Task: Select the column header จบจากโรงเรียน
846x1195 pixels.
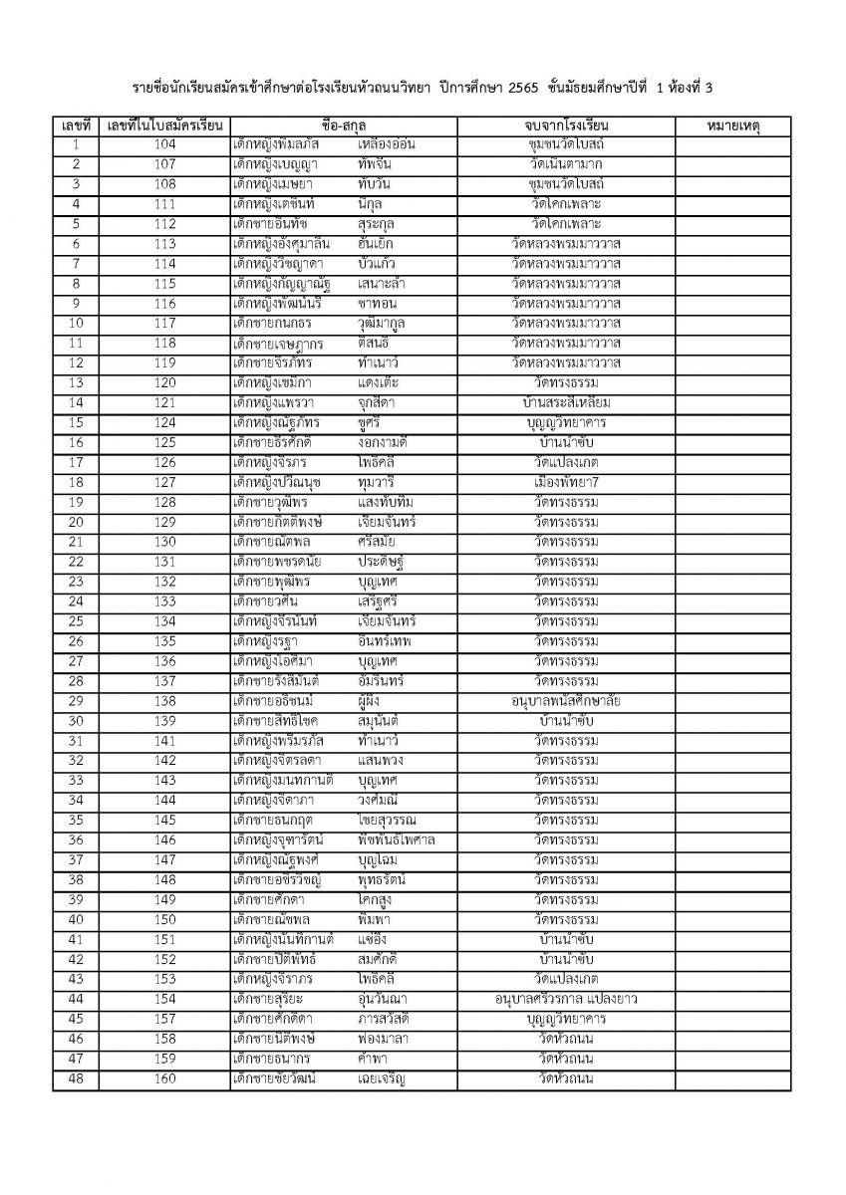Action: (565, 126)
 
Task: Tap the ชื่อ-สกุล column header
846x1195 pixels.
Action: (344, 126)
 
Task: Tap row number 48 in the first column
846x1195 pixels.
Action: (76, 1079)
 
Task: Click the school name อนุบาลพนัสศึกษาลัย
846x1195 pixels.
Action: (565, 702)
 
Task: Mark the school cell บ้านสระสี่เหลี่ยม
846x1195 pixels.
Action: (565, 403)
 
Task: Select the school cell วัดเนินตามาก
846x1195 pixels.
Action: (565, 165)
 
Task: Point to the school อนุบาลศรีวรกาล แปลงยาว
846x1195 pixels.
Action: (565, 1000)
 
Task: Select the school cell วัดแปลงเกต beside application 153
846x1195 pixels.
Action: (565, 980)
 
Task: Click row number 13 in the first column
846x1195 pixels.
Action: (76, 383)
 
